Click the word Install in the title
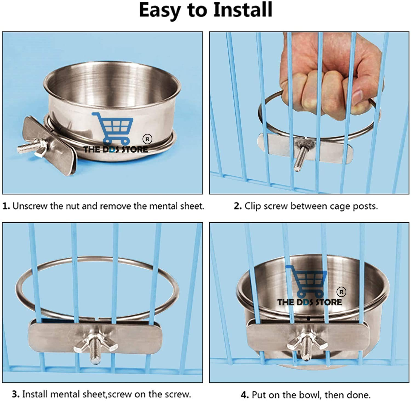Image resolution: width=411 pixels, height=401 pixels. tap(243, 10)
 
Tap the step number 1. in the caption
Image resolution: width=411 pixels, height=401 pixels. tap(6, 206)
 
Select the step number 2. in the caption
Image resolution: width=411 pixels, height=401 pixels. tap(238, 206)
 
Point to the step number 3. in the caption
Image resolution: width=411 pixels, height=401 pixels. tap(16, 394)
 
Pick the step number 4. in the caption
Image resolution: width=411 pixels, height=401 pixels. tap(245, 395)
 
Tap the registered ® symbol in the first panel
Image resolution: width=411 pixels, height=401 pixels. tap(147, 139)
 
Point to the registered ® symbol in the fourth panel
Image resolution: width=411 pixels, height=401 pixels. tap(341, 292)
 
